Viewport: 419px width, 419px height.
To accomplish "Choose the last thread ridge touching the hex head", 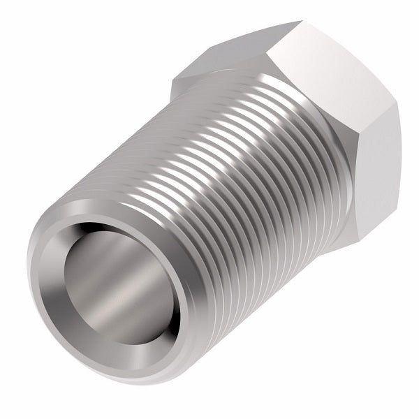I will pos(293,140).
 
